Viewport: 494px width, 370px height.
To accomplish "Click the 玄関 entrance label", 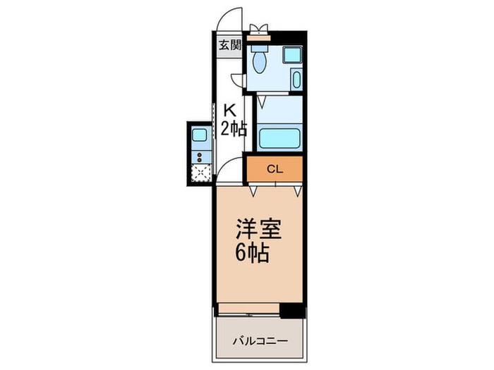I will (229, 46).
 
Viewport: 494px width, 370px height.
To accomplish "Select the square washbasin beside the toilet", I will (291, 54).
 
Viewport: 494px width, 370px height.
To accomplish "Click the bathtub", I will (279, 137).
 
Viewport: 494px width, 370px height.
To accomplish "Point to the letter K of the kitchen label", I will (229, 111).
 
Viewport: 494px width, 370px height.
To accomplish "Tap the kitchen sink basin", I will (200, 135).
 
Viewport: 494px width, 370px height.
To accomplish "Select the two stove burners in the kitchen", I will (200, 156).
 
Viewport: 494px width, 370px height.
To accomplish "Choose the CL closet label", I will (274, 168).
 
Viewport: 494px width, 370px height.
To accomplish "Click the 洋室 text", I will (258, 230).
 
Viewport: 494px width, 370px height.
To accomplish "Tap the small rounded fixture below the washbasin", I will (296, 79).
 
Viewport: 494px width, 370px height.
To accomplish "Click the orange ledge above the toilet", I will (260, 35).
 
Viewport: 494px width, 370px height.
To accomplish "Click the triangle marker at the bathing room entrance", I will (260, 101).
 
